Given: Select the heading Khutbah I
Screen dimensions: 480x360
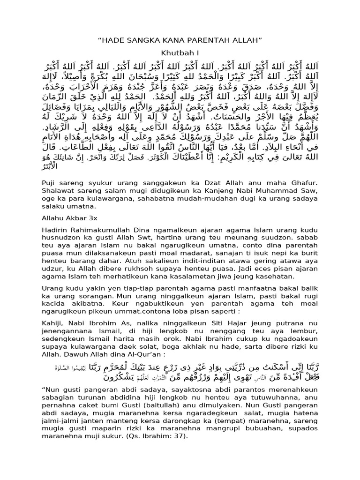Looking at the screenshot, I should coord(180,52).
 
